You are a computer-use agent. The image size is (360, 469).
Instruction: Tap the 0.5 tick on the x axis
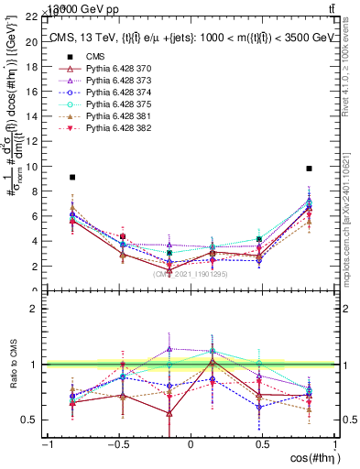click(x=262, y=443)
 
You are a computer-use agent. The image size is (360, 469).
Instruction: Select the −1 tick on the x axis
click(x=46, y=443)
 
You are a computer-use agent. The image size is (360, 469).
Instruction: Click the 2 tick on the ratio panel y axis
click(x=37, y=309)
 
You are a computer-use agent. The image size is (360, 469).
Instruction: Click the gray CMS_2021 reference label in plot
click(x=191, y=274)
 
